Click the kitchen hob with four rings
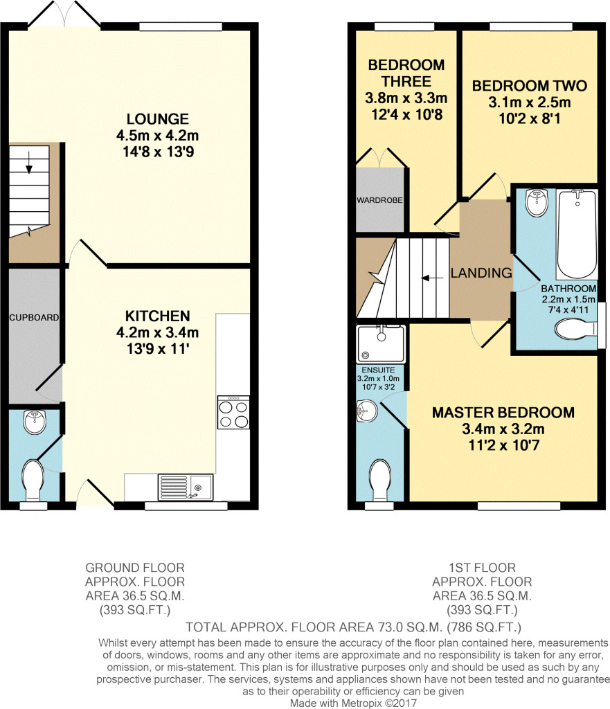233,413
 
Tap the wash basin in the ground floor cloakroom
33,422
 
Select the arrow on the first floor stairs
434,278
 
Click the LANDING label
481,273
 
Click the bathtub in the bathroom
576,233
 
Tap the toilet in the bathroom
575,330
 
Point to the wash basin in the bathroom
535,202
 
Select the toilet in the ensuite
379,478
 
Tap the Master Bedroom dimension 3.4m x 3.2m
503,429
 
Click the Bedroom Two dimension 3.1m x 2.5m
530,103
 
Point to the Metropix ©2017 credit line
354,702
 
